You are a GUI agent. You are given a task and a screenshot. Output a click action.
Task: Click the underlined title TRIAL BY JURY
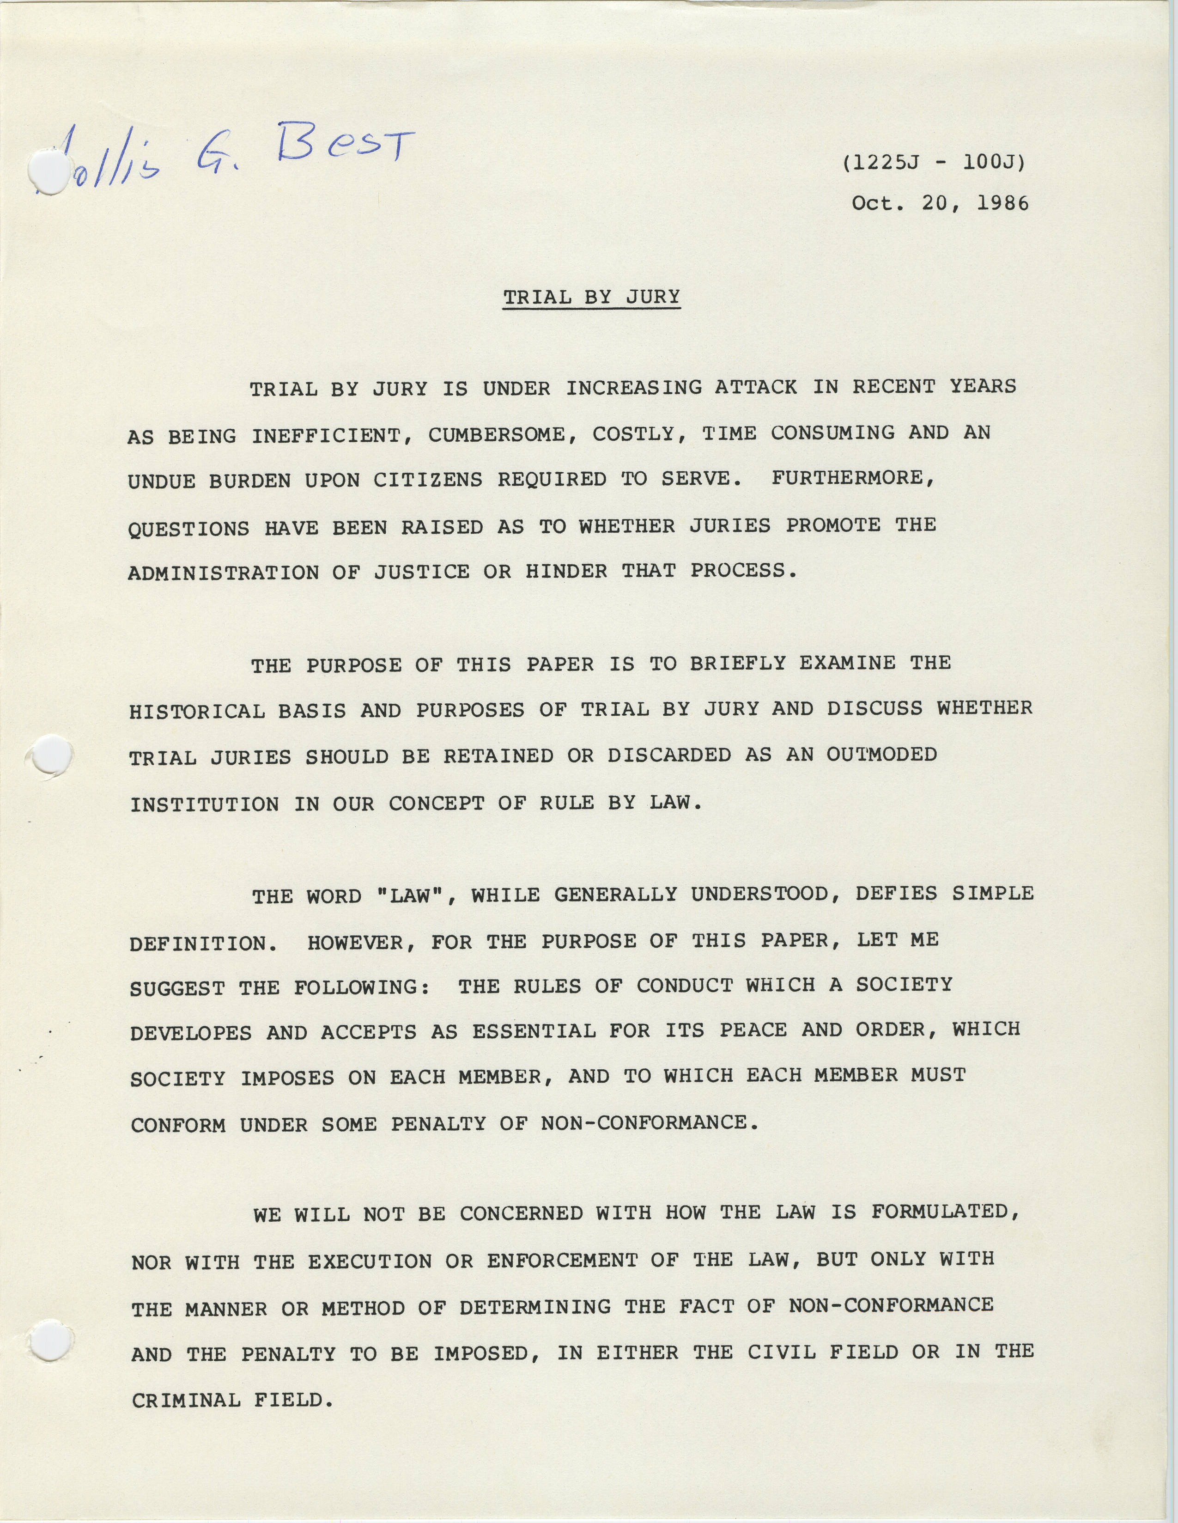point(591,297)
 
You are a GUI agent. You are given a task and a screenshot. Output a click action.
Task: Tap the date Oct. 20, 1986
point(940,203)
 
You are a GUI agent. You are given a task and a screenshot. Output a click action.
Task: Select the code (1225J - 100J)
point(934,163)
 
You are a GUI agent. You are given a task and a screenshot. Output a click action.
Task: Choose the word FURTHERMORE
point(852,478)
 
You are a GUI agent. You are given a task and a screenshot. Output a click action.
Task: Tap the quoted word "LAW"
point(415,896)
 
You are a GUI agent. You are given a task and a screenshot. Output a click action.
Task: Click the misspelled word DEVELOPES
point(190,1033)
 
